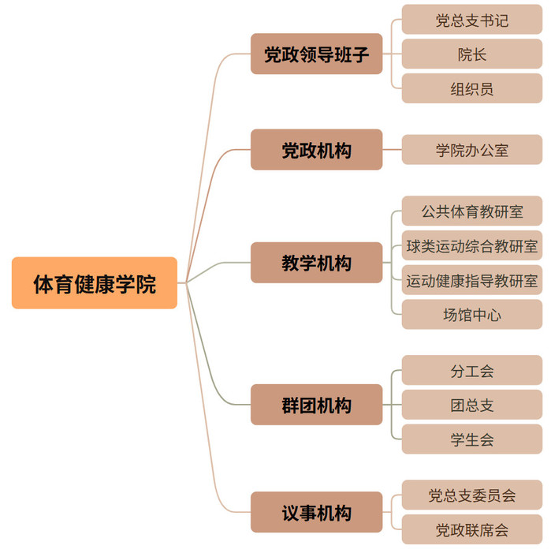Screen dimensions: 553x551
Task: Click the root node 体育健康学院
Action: tap(95, 282)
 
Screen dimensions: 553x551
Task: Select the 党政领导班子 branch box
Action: tap(316, 54)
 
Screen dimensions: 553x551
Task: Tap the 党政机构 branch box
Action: tap(316, 149)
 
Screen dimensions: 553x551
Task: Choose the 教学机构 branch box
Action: tap(316, 262)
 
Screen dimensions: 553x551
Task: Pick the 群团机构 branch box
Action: tap(316, 405)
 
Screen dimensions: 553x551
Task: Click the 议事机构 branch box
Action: tap(316, 512)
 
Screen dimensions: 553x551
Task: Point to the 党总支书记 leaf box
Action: tap(471, 20)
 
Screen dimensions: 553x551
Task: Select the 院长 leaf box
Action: tap(471, 54)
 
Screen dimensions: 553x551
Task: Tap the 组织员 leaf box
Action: tap(471, 88)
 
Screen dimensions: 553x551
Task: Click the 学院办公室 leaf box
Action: tap(471, 149)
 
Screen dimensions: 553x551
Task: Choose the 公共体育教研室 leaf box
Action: tap(471, 211)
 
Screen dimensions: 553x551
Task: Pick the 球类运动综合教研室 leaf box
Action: tap(471, 245)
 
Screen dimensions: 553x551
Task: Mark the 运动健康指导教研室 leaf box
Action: tap(471, 279)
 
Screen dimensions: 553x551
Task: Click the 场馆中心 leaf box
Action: tap(471, 314)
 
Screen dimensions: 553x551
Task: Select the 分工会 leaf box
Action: tap(471, 370)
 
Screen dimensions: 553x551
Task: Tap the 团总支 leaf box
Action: tap(471, 405)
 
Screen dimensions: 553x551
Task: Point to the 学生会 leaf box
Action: tap(471, 439)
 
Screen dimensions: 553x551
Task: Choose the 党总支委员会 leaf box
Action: tap(471, 495)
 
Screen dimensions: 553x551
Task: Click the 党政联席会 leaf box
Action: tap(471, 529)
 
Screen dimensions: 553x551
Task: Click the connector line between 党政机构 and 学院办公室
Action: tap(392, 149)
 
